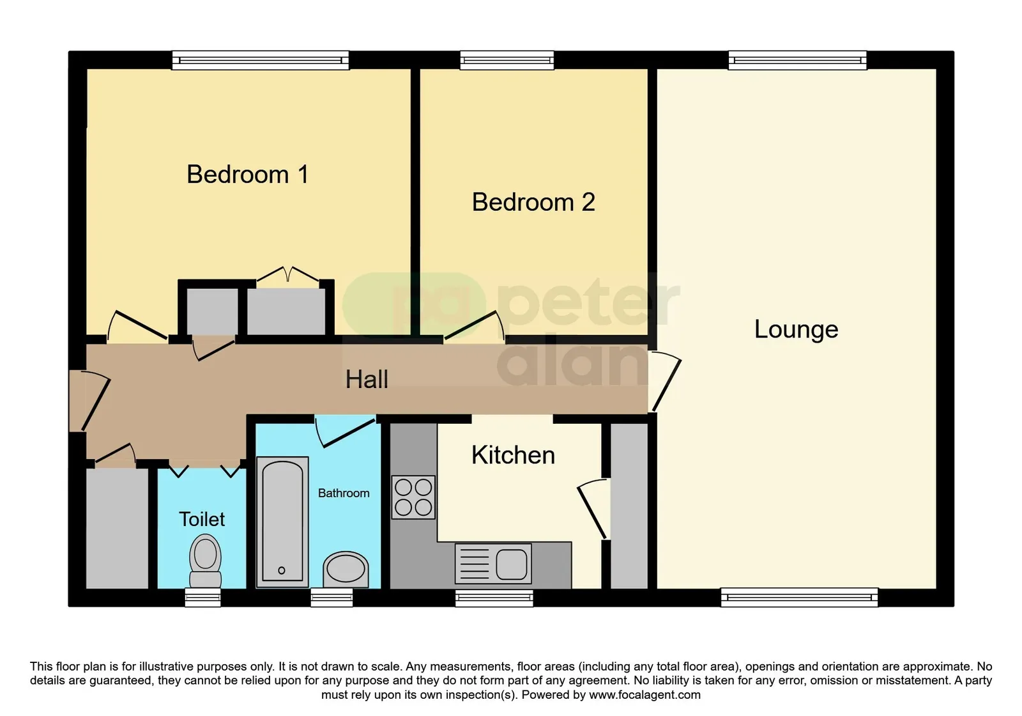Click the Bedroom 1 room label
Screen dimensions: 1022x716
tap(248, 175)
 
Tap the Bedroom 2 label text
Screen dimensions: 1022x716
tap(533, 202)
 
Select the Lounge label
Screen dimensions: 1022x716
tap(796, 330)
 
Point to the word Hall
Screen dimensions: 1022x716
tap(367, 380)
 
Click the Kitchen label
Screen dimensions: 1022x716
tap(514, 455)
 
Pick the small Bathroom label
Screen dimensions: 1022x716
tap(344, 493)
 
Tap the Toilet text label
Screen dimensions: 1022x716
tap(202, 519)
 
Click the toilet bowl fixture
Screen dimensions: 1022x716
tap(205, 561)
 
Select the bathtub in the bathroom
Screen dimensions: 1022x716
tap(282, 522)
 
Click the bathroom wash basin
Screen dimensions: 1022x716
tap(346, 570)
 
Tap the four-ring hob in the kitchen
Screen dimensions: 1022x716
tap(413, 497)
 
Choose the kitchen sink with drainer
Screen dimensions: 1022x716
tap(493, 563)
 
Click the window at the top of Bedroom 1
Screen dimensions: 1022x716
tap(261, 60)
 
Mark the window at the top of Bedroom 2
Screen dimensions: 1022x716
tap(507, 60)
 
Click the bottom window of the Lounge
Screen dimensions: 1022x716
tap(799, 597)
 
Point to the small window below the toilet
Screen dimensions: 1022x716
tap(203, 597)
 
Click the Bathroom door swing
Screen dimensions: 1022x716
tap(346, 431)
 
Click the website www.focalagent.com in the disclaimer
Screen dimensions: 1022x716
tap(644, 695)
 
